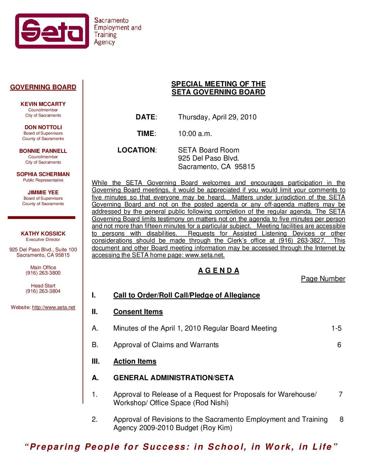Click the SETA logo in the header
pyautogui.click(x=52, y=31)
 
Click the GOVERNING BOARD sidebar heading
pyautogui.click(x=43, y=87)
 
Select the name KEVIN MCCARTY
pyautogui.click(x=43, y=104)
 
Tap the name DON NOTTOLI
pyautogui.click(x=43, y=127)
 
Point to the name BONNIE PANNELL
pyautogui.click(x=43, y=151)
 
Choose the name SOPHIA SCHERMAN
pyautogui.click(x=43, y=174)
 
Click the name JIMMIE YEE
pyautogui.click(x=43, y=193)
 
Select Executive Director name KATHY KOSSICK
pyautogui.click(x=43, y=233)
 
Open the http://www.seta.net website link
pyautogui.click(x=54, y=307)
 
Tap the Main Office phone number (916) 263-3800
pyautogui.click(x=43, y=273)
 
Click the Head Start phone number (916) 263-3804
pyautogui.click(x=43, y=291)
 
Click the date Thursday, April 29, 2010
pyautogui.click(x=217, y=117)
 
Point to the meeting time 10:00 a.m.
pyautogui.click(x=195, y=134)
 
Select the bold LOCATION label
pyautogui.click(x=137, y=150)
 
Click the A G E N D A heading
pyautogui.click(x=219, y=271)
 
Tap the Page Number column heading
pyautogui.click(x=323, y=279)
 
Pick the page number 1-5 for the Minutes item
pyautogui.click(x=336, y=328)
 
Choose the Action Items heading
pyautogui.click(x=135, y=361)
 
